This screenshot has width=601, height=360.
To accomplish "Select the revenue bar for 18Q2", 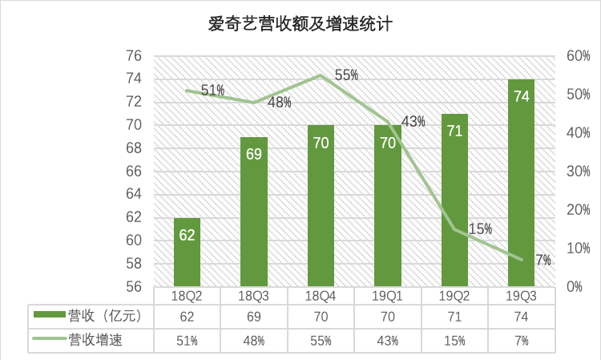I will click(187, 252).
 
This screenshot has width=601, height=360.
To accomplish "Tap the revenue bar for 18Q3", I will click(254, 212).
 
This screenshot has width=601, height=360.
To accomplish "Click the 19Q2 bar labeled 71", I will click(454, 200).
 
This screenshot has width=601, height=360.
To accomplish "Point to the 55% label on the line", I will click(346, 75).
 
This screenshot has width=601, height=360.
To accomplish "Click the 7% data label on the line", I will click(543, 260).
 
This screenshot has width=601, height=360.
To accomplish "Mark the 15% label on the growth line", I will click(479, 229).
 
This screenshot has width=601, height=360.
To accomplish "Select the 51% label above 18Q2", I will click(213, 91).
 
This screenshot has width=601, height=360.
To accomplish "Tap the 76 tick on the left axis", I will click(134, 56).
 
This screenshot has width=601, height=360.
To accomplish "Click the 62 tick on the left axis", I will click(134, 217).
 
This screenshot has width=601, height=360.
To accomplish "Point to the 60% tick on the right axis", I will click(578, 56).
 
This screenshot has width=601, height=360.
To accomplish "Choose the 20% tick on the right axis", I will click(578, 210).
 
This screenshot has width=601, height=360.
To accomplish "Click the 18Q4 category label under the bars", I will click(321, 296).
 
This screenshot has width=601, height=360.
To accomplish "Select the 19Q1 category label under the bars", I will click(388, 296).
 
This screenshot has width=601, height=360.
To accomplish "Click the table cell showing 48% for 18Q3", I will click(254, 340).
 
